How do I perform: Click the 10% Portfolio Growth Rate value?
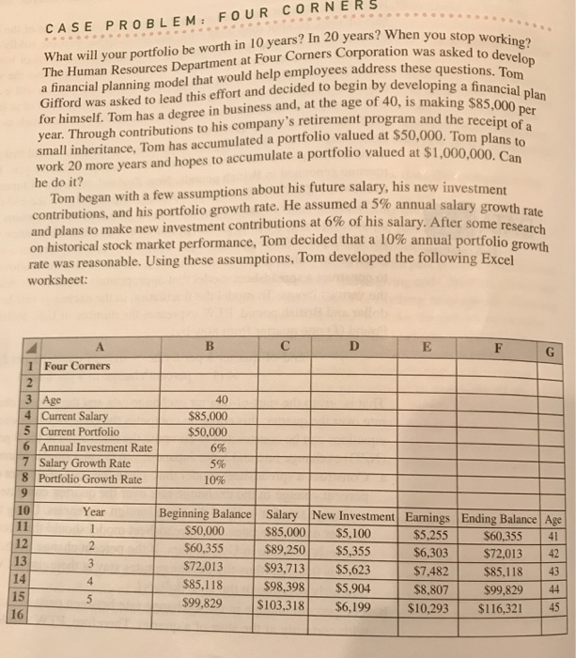pos(214,478)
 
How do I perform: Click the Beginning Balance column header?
pos(207,514)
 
